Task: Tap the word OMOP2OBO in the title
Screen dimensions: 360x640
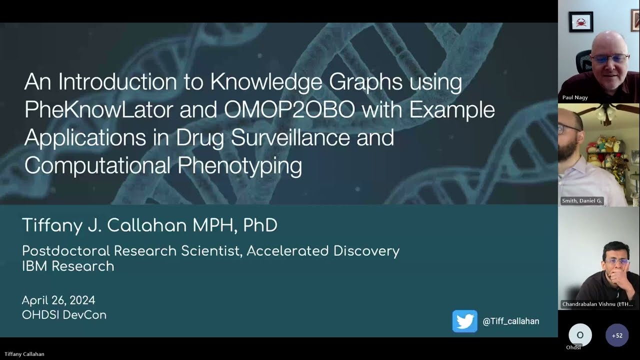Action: point(289,110)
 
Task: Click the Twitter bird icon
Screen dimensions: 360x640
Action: point(464,321)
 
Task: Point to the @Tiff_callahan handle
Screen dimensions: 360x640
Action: point(510,321)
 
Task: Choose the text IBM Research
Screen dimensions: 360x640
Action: point(68,266)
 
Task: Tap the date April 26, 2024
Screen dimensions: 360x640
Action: point(58,300)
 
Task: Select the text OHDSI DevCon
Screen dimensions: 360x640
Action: point(64,315)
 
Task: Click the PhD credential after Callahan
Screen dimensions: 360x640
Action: point(260,225)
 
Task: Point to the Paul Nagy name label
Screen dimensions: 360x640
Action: point(575,97)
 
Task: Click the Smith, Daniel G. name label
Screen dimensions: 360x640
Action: point(582,200)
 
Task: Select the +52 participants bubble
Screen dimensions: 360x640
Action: point(617,335)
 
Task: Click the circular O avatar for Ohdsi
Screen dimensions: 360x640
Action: point(580,335)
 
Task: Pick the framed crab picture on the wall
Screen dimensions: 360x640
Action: point(581,22)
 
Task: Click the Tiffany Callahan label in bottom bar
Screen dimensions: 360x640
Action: point(24,354)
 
